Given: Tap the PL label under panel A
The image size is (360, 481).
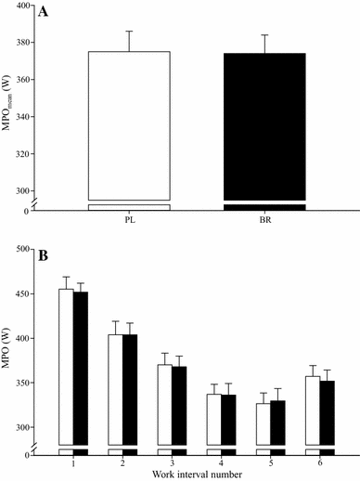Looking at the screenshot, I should click(129, 222).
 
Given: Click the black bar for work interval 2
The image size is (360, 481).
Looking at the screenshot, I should click(130, 390).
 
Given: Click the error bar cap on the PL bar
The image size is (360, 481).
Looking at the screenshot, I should click(129, 31).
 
